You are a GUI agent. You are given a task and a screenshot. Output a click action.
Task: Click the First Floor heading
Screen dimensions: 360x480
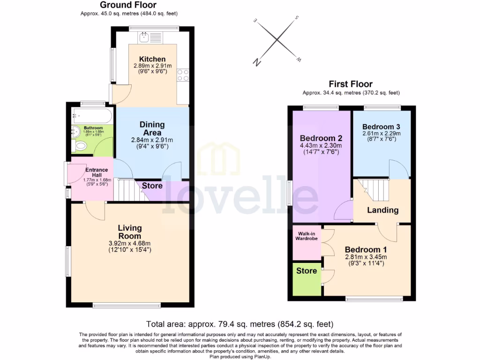(351, 84)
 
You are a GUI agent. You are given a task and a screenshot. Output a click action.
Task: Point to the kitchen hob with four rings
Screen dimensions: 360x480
(183, 75)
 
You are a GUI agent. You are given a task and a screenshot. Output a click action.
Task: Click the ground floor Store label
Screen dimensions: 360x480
(152, 186)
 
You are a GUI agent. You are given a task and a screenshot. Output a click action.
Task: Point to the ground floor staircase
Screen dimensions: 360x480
(127, 190)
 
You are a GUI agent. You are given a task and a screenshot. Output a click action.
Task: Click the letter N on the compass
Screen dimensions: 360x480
(256, 61)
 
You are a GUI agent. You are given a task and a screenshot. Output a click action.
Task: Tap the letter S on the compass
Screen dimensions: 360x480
(297, 18)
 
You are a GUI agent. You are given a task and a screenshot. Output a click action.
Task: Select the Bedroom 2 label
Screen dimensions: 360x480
(321, 138)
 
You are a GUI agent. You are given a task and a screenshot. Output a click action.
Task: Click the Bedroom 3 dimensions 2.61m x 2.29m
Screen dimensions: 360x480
(381, 134)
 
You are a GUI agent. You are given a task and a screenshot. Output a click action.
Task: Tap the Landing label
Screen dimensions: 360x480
(382, 210)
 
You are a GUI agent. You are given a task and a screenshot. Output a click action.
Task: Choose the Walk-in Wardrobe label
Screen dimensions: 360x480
(306, 235)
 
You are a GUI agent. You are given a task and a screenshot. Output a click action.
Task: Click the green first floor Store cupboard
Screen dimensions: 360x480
(307, 279)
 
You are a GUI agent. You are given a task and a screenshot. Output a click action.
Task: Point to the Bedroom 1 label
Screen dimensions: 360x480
(366, 249)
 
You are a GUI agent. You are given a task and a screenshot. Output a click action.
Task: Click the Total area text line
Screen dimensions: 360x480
(240, 324)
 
